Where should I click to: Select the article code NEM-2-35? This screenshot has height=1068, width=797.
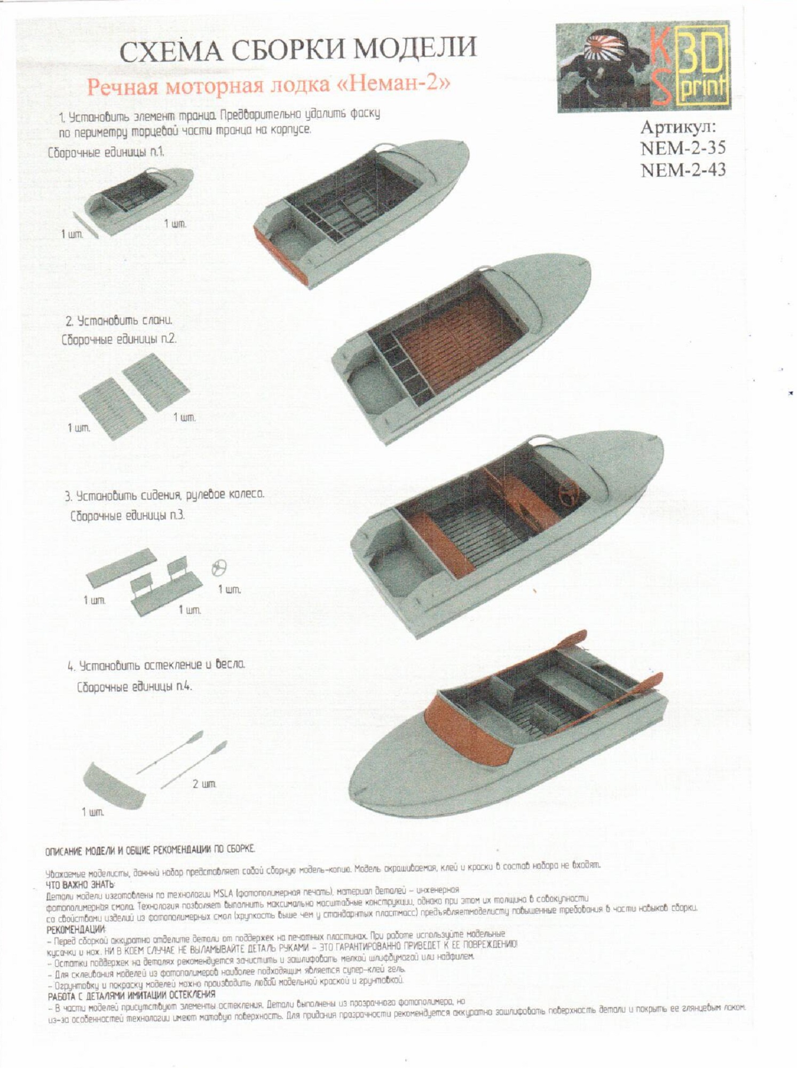tap(683, 148)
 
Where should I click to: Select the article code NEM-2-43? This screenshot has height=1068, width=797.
tap(683, 169)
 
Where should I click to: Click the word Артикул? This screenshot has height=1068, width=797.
tap(678, 127)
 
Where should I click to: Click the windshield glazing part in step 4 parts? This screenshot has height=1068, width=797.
tap(114, 783)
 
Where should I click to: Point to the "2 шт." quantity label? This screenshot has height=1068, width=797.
tap(204, 784)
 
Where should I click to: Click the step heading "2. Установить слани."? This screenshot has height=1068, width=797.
tap(119, 321)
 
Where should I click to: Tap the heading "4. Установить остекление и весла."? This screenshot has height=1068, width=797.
tap(156, 666)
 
